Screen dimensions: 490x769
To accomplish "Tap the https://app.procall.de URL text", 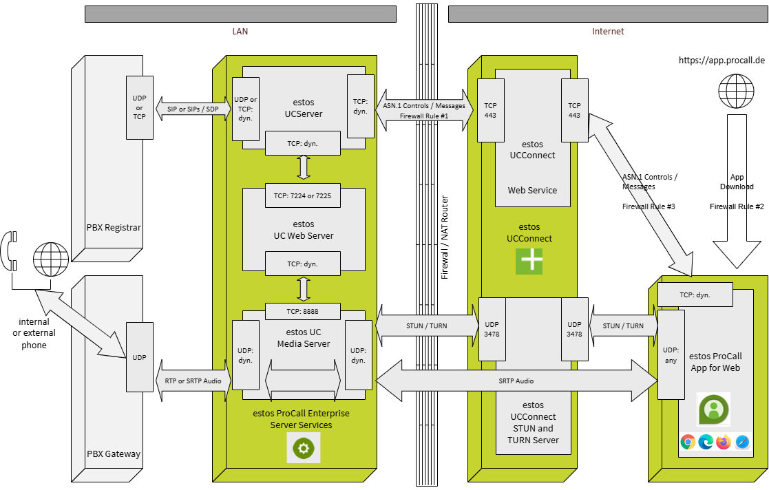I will point(721,61).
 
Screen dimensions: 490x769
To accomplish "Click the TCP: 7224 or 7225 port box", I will point(302,196).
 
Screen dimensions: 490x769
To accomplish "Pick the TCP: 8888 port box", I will point(302,312).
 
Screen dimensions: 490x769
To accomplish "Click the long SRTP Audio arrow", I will point(516,381).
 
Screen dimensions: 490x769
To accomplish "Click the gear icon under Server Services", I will point(304,449).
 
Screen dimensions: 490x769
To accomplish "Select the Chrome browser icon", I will point(687,442).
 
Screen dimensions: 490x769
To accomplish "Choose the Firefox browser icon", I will point(723,442).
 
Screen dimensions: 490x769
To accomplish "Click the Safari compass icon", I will point(741,442).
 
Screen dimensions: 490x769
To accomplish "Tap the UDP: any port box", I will point(671,354).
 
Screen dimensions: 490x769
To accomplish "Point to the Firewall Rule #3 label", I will point(649,206).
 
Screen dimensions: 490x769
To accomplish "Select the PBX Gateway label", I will point(114,454).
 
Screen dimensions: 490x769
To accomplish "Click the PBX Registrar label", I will point(114,226).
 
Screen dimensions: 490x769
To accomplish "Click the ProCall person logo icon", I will point(713,410).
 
